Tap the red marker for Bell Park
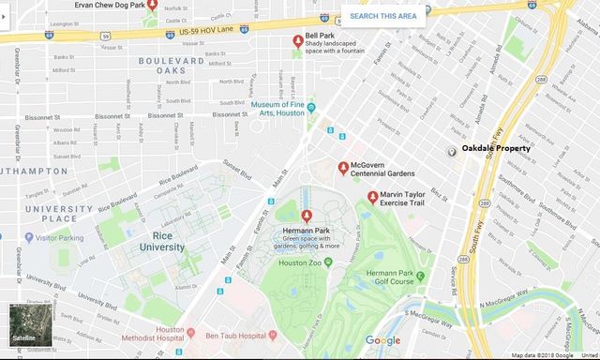click(298, 42)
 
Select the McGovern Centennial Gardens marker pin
click(343, 168)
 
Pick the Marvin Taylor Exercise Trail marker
click(372, 197)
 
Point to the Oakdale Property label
click(496, 148)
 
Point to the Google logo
click(382, 339)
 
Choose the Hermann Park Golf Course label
click(422, 279)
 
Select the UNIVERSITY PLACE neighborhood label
click(51, 214)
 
